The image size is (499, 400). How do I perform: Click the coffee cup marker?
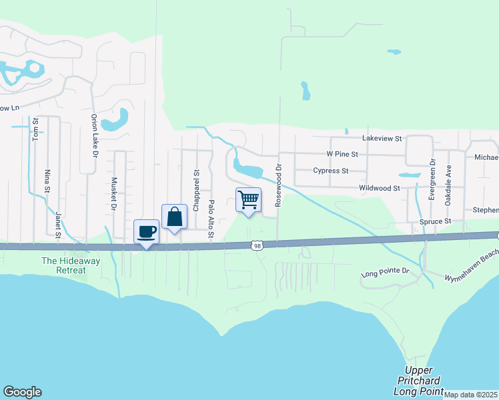coord(146,232)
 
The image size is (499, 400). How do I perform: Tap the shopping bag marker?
coord(174,217)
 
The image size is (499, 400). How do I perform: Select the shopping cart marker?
coord(248,199)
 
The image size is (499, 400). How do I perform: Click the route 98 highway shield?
coord(258,246)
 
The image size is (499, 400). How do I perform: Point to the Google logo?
coord(22,392)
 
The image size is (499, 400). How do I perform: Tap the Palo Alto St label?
coord(211,219)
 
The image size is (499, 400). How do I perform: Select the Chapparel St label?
coord(196,190)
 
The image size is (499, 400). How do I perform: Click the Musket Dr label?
coord(113,193)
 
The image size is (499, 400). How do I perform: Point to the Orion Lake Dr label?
coord(94,135)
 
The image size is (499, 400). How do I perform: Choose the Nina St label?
coord(47,180)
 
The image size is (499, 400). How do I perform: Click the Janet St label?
coord(58,224)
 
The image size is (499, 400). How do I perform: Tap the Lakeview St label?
coord(382,139)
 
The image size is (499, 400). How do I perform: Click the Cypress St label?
coord(331,171)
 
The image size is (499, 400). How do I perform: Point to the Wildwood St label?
coord(379,189)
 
